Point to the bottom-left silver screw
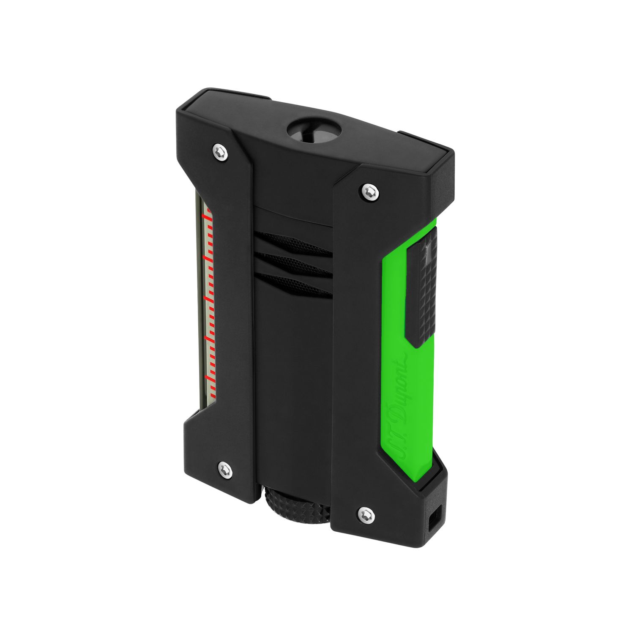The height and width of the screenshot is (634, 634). pyautogui.click(x=224, y=470)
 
